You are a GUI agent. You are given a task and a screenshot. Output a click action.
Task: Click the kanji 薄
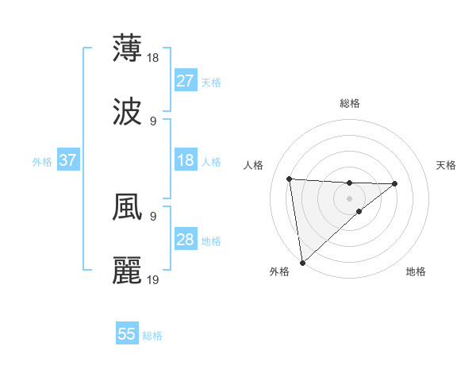click(x=127, y=48)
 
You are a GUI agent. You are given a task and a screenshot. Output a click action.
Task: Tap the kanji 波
click(x=127, y=111)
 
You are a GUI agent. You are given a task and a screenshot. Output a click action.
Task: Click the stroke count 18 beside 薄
click(x=154, y=58)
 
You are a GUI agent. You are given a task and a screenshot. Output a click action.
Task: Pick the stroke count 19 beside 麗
click(x=154, y=280)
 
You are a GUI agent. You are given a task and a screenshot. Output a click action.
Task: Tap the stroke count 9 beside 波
click(x=153, y=121)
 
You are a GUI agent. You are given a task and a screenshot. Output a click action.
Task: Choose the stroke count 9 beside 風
click(x=153, y=216)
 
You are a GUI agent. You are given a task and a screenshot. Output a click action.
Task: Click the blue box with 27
click(x=186, y=80)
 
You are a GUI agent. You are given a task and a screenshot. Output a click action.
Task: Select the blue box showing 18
click(x=186, y=160)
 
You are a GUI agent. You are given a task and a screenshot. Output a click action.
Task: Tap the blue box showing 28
click(x=186, y=240)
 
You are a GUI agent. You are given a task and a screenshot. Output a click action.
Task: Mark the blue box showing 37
click(x=68, y=160)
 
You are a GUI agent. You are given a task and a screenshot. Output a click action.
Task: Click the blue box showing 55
click(x=127, y=334)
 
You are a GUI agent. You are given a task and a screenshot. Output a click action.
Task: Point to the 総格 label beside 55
click(x=152, y=336)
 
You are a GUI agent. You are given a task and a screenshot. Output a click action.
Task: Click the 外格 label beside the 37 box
click(x=42, y=161)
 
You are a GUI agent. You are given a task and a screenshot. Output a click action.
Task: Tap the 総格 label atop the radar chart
click(x=350, y=103)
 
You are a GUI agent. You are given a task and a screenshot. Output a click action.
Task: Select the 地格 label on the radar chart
click(x=416, y=271)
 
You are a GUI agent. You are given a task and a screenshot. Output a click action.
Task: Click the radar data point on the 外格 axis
click(x=301, y=262)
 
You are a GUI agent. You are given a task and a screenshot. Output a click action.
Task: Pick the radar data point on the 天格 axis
click(x=395, y=184)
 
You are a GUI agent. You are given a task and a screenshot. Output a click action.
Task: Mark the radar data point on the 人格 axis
click(x=290, y=179)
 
